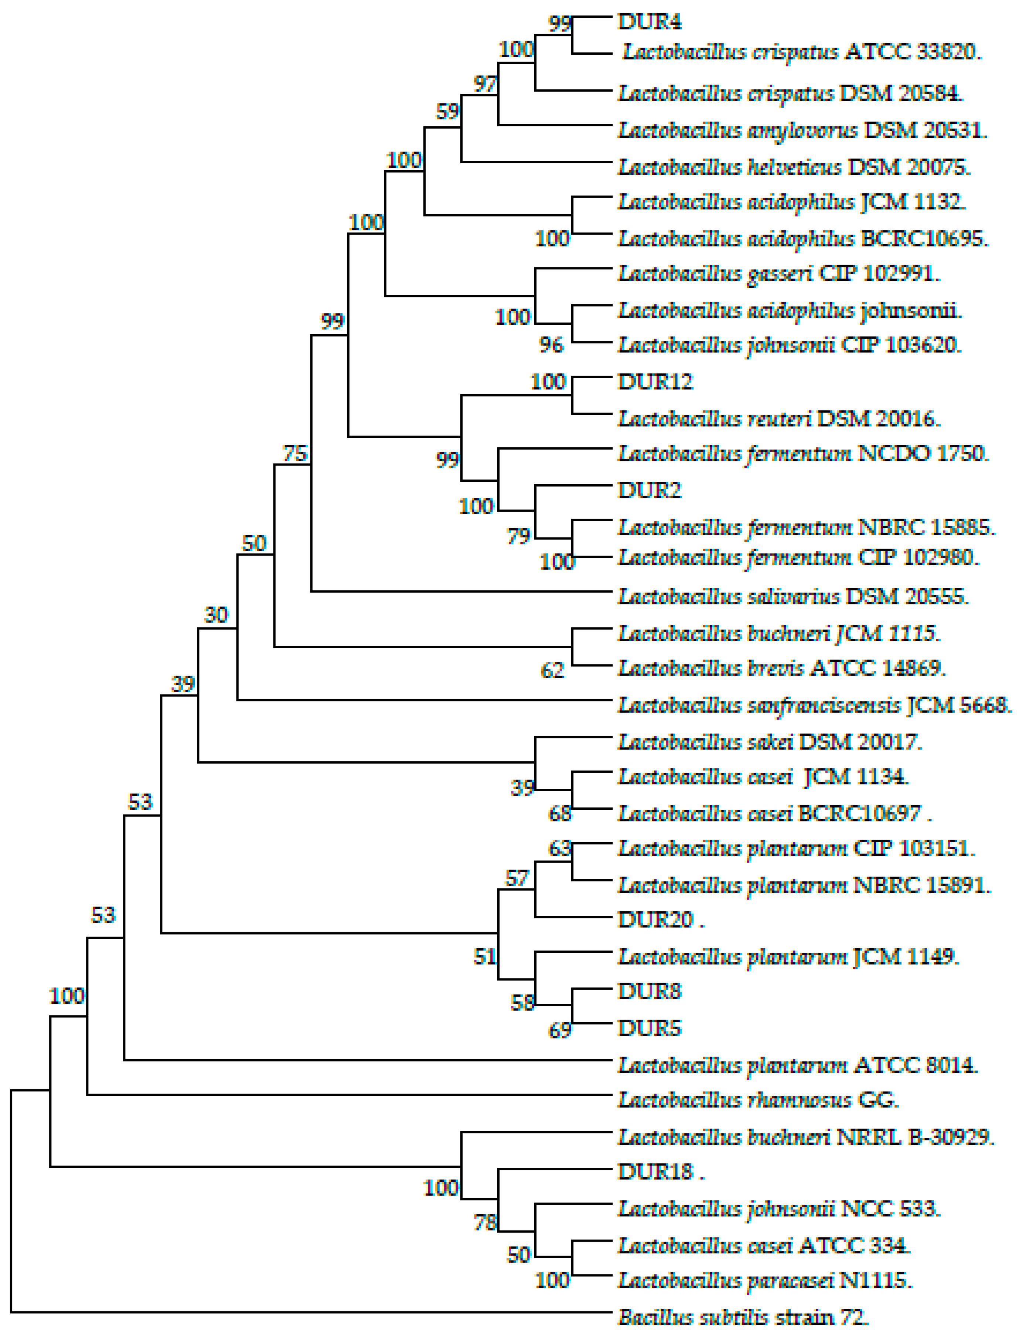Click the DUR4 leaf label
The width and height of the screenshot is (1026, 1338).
click(649, 22)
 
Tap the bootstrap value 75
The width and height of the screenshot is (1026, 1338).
click(294, 453)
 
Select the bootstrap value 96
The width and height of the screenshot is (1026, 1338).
click(551, 345)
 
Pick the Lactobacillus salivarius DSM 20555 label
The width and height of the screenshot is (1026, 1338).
click(793, 596)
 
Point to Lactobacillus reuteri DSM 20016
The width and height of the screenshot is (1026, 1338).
click(779, 419)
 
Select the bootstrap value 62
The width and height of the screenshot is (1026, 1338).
click(552, 670)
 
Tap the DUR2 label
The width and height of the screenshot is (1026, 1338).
click(649, 490)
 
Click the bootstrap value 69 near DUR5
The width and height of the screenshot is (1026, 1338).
click(559, 1030)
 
